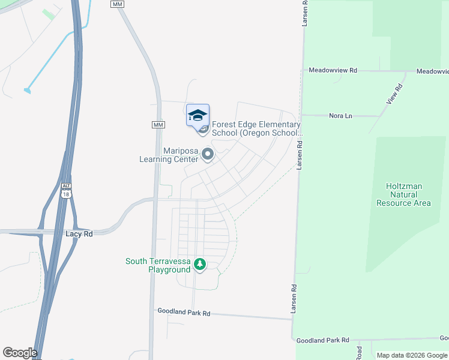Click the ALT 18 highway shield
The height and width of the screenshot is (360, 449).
click(x=65, y=190)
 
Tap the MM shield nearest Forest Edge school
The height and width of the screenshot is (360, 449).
click(x=158, y=124)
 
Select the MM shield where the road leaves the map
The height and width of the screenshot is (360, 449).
click(x=117, y=4)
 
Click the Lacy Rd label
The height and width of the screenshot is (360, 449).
click(x=80, y=233)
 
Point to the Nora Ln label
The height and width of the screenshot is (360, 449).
click(x=340, y=115)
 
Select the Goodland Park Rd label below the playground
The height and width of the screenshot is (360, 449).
click(x=184, y=313)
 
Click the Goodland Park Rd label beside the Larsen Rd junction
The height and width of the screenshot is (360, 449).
click(x=323, y=340)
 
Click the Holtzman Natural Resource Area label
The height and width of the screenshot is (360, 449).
click(x=403, y=194)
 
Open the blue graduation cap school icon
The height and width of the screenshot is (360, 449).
click(x=197, y=115)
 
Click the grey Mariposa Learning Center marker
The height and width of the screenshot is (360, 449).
click(x=208, y=155)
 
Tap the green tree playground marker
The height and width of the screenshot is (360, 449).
click(x=200, y=264)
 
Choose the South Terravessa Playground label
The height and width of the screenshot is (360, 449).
click(x=157, y=265)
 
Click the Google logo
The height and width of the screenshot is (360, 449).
click(x=19, y=353)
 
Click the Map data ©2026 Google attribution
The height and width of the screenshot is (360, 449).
click(x=412, y=355)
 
